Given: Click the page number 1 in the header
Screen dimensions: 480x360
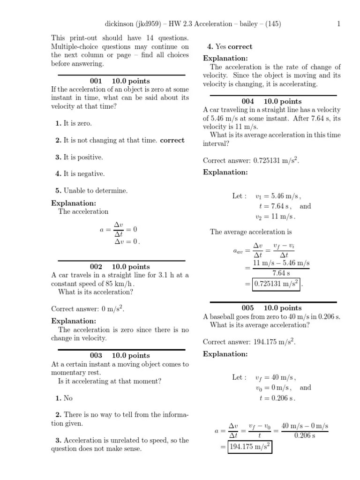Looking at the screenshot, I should pyautogui.click(x=338, y=24).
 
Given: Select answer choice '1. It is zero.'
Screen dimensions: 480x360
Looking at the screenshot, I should pyautogui.click(x=74, y=123).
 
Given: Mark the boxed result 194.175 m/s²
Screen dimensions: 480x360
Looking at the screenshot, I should pyautogui.click(x=250, y=447).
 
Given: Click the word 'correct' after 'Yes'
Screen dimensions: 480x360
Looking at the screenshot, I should pyautogui.click(x=240, y=46).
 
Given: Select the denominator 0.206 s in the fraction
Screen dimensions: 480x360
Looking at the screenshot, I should pyautogui.click(x=304, y=435).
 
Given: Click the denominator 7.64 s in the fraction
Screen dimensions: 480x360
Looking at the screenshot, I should pyautogui.click(x=281, y=273).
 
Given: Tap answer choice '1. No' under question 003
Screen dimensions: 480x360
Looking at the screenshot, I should pyautogui.click(x=64, y=398).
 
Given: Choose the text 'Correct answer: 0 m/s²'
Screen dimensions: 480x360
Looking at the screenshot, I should pyautogui.click(x=88, y=309).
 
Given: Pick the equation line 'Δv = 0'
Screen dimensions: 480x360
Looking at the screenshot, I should pyautogui.click(x=127, y=241).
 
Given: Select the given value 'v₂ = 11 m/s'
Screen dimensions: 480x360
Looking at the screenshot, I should pyautogui.click(x=276, y=217).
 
